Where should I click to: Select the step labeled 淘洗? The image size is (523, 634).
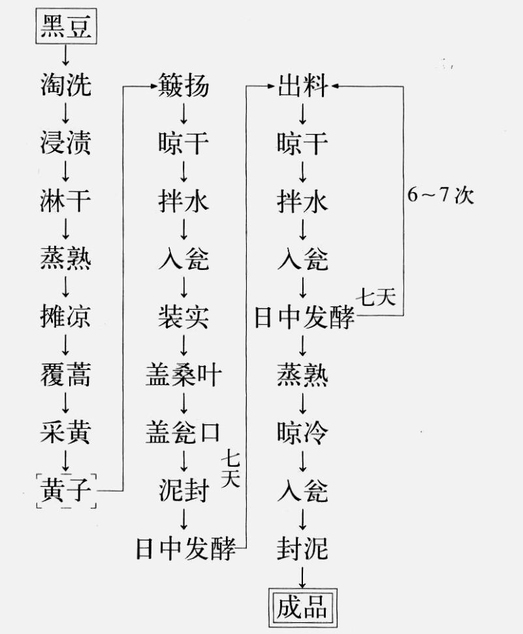click(x=65, y=86)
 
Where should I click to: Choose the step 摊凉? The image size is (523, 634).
click(x=65, y=318)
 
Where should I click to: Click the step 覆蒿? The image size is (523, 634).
click(x=65, y=375)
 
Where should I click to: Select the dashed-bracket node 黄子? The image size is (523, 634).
click(x=65, y=490)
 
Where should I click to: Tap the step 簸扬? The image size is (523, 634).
click(x=183, y=86)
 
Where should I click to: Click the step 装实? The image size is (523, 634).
click(x=183, y=318)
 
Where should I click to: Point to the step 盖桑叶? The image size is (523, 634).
click(x=183, y=375)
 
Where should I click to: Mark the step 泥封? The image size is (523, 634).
click(x=183, y=490)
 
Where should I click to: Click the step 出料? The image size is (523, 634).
click(x=302, y=86)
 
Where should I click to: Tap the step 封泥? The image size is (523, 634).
click(x=302, y=548)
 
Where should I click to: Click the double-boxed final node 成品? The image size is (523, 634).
click(x=302, y=607)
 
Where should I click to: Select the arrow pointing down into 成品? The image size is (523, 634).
click(x=302, y=576)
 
